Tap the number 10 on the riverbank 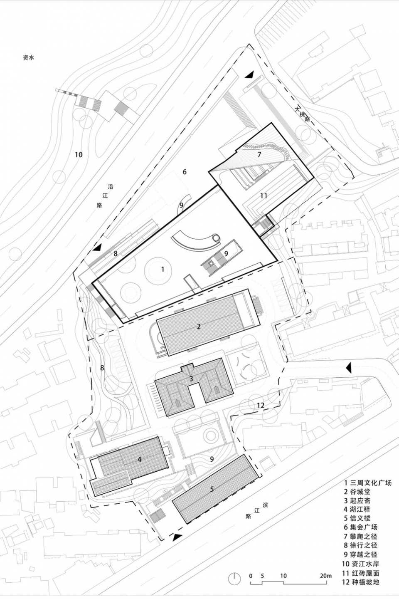[x=79, y=155]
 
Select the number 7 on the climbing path [x=259, y=154]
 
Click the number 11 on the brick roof [x=264, y=196]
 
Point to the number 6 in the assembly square [x=185, y=172]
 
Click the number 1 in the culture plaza [x=163, y=269]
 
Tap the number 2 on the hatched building [x=199, y=326]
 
